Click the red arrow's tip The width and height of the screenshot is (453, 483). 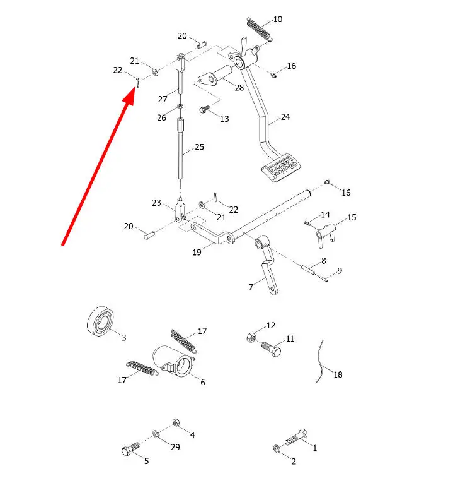(134, 88)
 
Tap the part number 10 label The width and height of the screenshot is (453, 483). (277, 20)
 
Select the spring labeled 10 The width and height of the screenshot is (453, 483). (259, 28)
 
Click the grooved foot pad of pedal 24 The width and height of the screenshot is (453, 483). (281, 167)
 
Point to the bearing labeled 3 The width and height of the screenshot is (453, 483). (100, 321)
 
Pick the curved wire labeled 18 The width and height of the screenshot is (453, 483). (320, 362)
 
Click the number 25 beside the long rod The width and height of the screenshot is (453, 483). (200, 147)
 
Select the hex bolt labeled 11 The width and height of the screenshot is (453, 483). (271, 349)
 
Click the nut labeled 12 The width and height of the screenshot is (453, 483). (251, 337)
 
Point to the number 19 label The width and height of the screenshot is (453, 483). (197, 253)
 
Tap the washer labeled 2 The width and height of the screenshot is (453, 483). (277, 448)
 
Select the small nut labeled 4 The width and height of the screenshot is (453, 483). (176, 422)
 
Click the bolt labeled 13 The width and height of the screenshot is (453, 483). (204, 109)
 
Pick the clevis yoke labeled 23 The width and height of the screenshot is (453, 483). (180, 210)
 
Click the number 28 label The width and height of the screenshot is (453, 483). (239, 88)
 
